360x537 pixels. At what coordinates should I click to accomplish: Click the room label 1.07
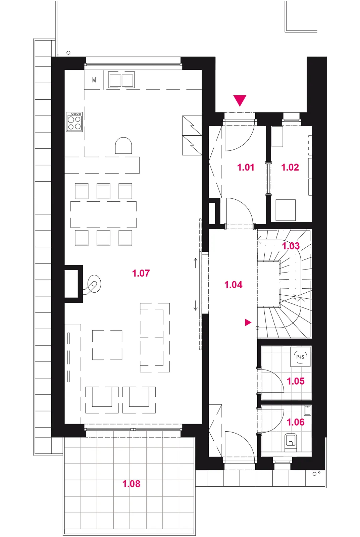pos(141,273)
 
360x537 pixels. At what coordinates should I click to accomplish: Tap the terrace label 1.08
pos(131,484)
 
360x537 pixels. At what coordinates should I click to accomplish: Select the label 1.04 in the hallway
pos(234,285)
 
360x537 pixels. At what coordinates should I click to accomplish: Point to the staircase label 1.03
pos(291,246)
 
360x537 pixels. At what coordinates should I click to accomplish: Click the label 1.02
pos(290,167)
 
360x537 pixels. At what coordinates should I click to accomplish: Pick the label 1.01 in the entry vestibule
pos(246,167)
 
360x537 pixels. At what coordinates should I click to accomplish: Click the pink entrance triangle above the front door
pos(240,101)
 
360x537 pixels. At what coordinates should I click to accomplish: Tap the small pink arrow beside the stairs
pos(248,323)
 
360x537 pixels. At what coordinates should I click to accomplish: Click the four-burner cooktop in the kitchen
pos(74,121)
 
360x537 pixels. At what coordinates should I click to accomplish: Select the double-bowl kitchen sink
pos(121,80)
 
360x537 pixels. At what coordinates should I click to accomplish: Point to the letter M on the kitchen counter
pos(94,80)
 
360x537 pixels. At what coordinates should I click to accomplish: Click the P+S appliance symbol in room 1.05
pos(300,357)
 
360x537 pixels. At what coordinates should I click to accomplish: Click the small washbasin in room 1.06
pos(307,410)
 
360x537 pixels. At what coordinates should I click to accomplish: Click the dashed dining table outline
pos(104,214)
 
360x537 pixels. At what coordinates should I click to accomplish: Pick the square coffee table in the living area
pos(107,345)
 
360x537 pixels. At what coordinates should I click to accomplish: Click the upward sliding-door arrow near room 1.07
pos(196,263)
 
